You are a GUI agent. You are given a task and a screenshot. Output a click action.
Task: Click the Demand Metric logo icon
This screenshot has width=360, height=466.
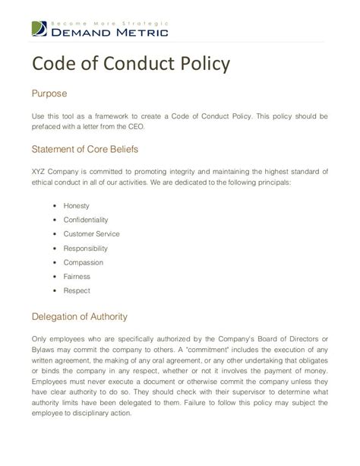[40, 30]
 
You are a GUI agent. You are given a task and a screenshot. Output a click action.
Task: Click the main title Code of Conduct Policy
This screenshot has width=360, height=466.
[130, 65]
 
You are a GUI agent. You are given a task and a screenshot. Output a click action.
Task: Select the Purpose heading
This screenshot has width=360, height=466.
[49, 94]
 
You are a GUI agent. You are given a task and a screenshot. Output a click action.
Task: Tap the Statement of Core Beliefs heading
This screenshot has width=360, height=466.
[84, 148]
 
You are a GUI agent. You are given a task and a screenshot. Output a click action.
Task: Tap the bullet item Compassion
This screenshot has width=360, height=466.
[84, 262]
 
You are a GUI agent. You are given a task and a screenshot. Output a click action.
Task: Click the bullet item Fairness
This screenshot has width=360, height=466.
[77, 276]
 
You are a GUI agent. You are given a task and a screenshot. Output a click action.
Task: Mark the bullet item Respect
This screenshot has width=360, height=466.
[77, 290]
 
